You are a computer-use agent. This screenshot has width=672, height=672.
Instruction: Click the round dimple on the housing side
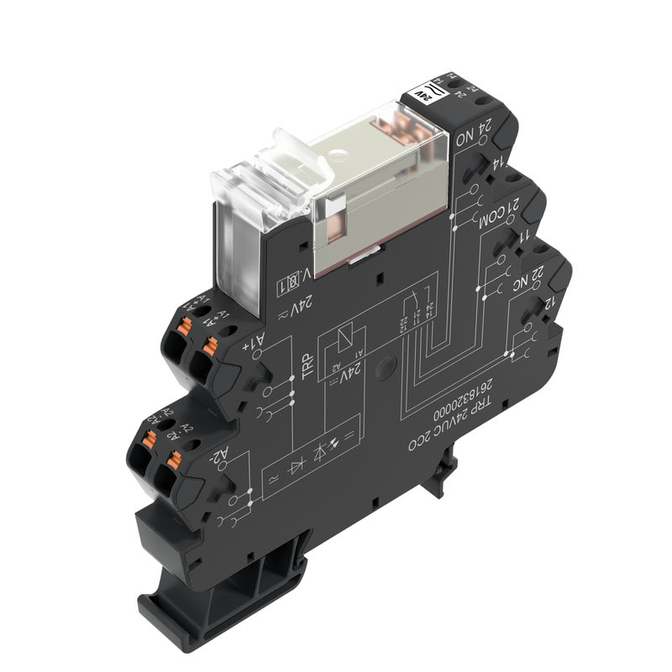[386, 366]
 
